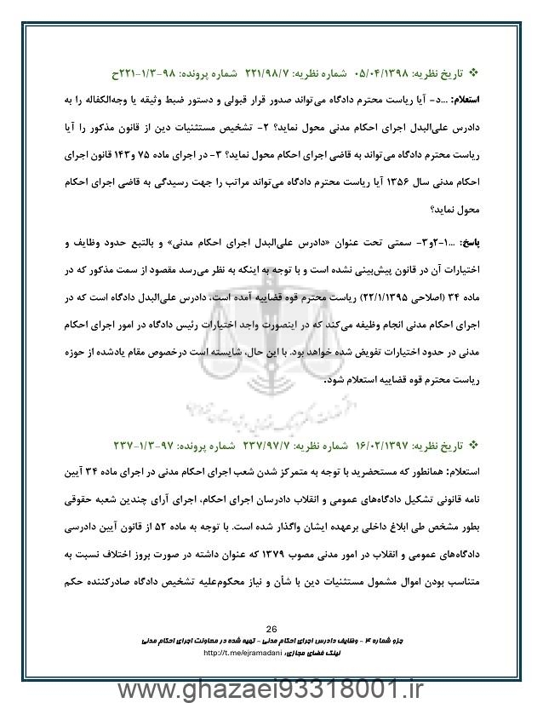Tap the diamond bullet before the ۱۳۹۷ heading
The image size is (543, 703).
[475, 444]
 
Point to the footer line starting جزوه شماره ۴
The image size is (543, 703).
[271, 638]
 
